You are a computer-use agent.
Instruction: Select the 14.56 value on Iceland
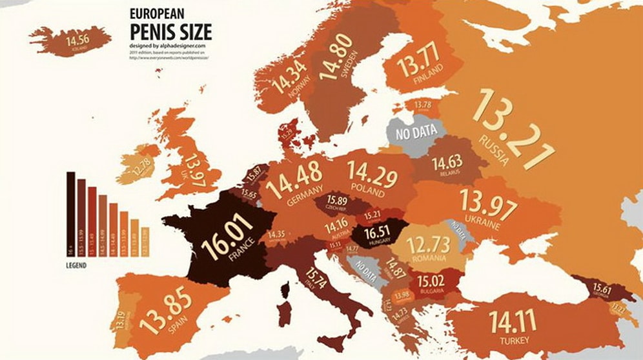pos(77,40)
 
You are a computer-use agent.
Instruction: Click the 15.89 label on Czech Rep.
pos(337,200)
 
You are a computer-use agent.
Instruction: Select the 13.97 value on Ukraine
pos(489,208)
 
